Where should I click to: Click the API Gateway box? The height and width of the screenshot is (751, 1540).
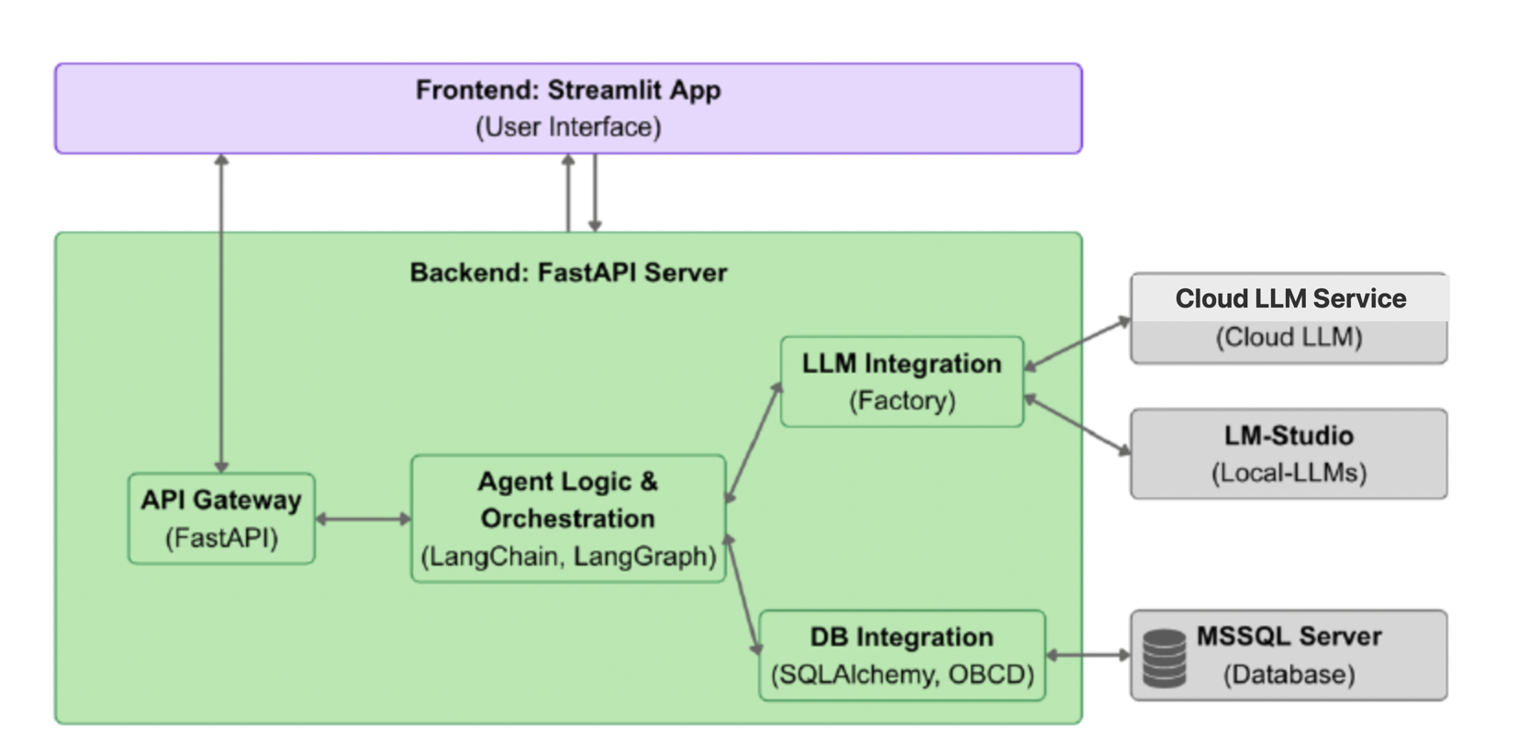pyautogui.click(x=221, y=518)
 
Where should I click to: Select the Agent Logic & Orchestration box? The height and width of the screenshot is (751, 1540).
pyautogui.click(x=567, y=518)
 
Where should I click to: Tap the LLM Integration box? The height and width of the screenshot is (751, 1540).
pyautogui.click(x=901, y=381)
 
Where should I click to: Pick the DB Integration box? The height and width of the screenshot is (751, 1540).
pyautogui.click(x=901, y=655)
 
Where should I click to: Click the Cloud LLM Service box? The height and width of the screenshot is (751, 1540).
pyautogui.click(x=1289, y=318)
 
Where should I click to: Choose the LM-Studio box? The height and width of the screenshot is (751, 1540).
pyautogui.click(x=1289, y=454)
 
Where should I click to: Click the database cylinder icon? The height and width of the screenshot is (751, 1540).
pyautogui.click(x=1165, y=657)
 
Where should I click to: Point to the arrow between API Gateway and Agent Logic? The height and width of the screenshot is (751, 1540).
pyautogui.click(x=363, y=519)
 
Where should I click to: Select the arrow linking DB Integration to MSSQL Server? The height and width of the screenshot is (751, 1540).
pyautogui.click(x=1088, y=655)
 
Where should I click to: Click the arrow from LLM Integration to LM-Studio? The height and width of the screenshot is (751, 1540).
pyautogui.click(x=1077, y=424)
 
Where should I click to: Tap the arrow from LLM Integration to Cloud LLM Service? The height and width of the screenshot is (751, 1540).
pyautogui.click(x=1077, y=343)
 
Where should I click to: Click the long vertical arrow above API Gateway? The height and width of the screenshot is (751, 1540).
pyautogui.click(x=221, y=312)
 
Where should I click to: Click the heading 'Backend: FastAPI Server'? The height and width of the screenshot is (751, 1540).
pyautogui.click(x=568, y=273)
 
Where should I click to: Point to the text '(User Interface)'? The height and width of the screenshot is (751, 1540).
pyautogui.click(x=568, y=127)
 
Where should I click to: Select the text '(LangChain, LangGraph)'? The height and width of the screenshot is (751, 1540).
pyautogui.click(x=568, y=556)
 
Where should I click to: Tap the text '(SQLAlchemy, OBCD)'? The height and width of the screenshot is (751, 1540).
pyautogui.click(x=902, y=675)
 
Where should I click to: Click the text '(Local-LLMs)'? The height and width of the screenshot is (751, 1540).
pyautogui.click(x=1289, y=473)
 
